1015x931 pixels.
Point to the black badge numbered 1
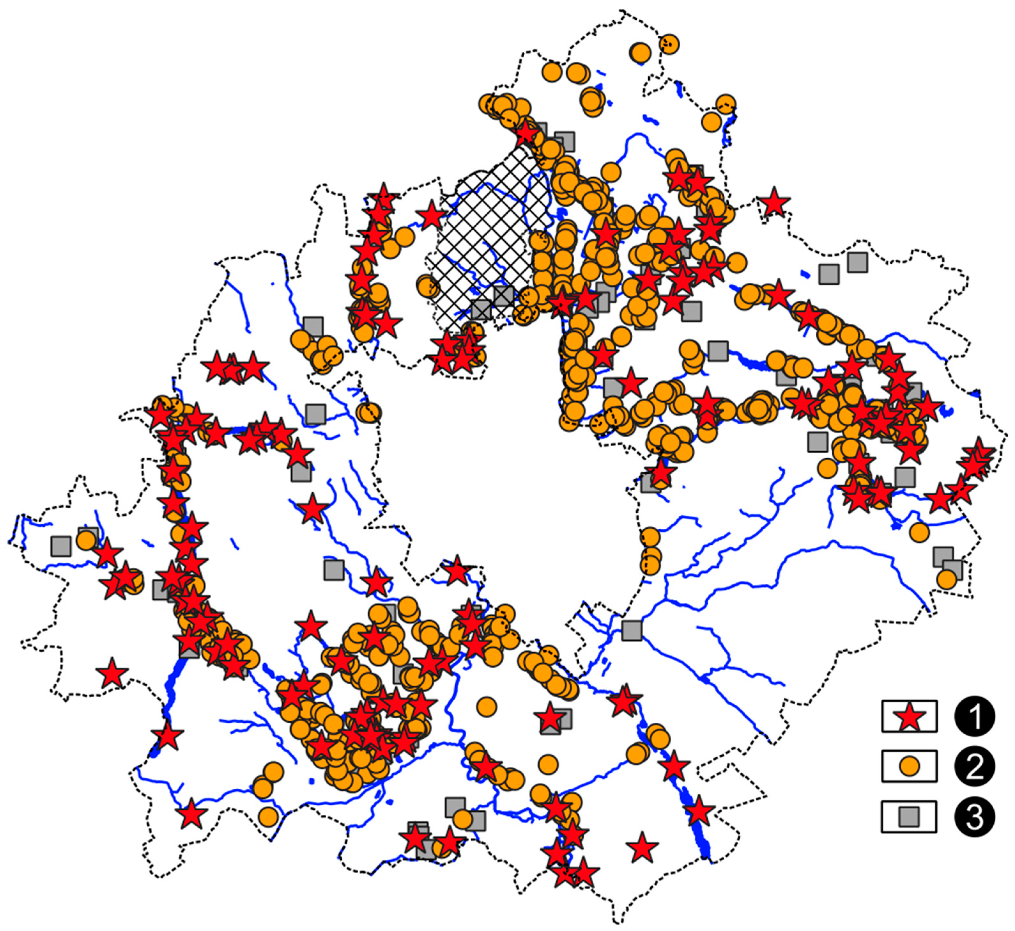coord(975,716)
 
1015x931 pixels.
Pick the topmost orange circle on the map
coord(669,44)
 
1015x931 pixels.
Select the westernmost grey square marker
coord(61,546)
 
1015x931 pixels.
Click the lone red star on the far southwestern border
coord(112,673)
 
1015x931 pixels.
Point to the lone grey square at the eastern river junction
coord(631,631)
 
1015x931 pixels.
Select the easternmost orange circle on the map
coord(946,579)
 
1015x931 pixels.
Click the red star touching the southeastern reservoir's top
coord(699,812)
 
